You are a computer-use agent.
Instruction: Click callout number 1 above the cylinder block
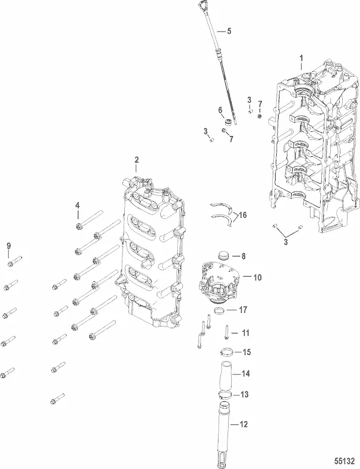pyautogui.click(x=302, y=58)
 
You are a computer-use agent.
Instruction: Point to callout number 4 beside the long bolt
pyautogui.click(x=77, y=205)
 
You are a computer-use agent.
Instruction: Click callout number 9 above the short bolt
pyautogui.click(x=8, y=246)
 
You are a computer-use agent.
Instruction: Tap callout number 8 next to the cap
pyautogui.click(x=242, y=256)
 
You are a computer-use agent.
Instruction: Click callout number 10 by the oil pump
pyautogui.click(x=257, y=277)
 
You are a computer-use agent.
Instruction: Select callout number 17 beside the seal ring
pyautogui.click(x=244, y=309)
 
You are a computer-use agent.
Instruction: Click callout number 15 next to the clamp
pyautogui.click(x=247, y=352)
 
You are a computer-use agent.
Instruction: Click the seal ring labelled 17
pyautogui.click(x=219, y=311)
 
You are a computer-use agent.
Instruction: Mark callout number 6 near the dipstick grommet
pyautogui.click(x=220, y=110)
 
